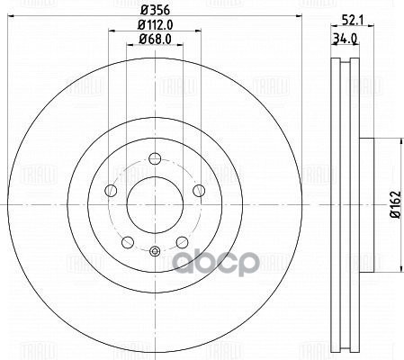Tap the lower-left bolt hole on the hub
[127, 241]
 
